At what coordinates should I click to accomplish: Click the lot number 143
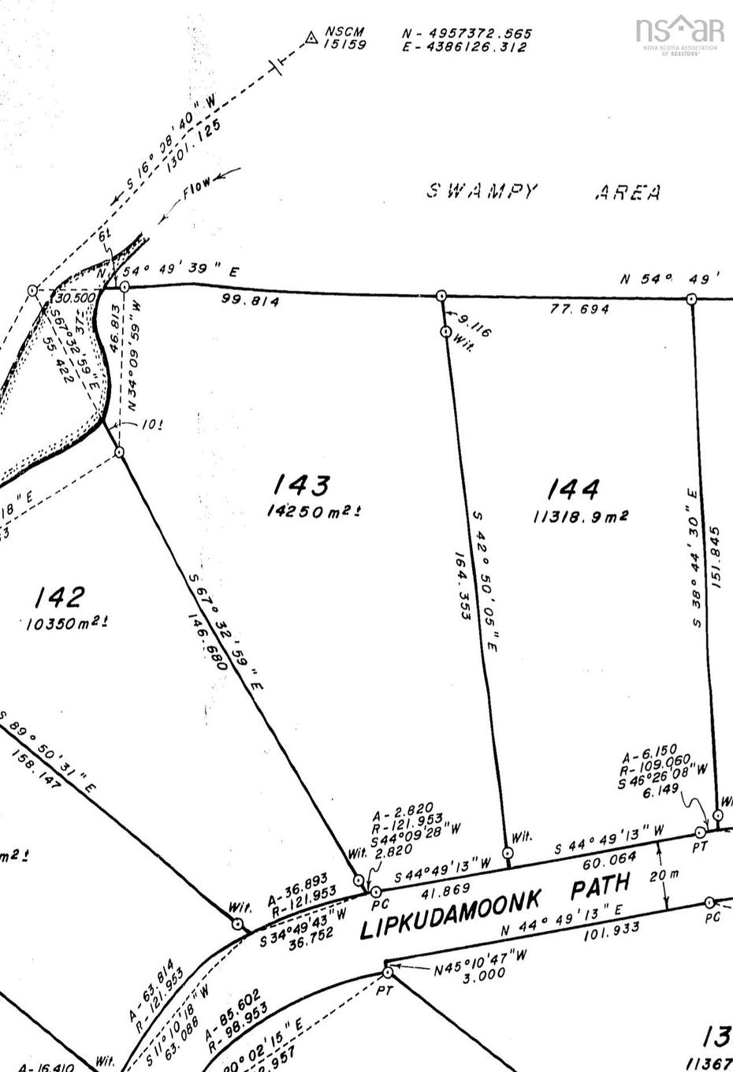[300, 485]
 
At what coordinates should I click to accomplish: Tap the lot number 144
[573, 489]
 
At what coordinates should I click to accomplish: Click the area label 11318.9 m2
[580, 516]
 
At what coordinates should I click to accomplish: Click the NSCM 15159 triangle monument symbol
[311, 35]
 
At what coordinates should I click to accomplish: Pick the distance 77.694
[579, 309]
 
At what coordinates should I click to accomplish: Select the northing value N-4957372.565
[467, 33]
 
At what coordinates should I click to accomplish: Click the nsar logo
[679, 32]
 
